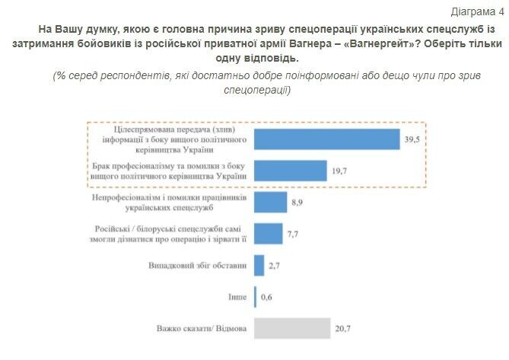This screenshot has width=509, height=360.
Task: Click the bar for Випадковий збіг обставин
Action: (x=258, y=266)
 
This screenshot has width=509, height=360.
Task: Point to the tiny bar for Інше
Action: (x=255, y=297)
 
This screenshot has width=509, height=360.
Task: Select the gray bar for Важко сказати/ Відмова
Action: (x=291, y=329)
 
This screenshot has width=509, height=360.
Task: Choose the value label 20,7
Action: (x=342, y=330)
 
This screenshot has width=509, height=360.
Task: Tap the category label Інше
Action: (x=239, y=297)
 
